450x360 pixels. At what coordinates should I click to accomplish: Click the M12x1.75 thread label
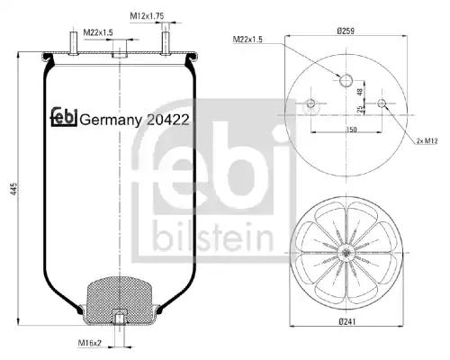point(147,16)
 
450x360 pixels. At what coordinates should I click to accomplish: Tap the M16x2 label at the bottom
point(90,343)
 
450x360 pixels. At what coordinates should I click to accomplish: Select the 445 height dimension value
point(14,189)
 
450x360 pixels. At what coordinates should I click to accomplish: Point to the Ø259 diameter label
point(346,31)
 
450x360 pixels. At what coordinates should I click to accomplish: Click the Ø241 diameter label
point(347,322)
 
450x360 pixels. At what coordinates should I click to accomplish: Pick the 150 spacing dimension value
point(351,130)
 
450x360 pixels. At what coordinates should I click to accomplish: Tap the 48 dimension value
point(360,92)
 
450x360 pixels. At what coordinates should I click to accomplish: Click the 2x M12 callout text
point(427,140)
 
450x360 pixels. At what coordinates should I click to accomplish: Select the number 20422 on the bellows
point(168,120)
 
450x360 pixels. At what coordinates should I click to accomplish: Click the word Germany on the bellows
point(111,121)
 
